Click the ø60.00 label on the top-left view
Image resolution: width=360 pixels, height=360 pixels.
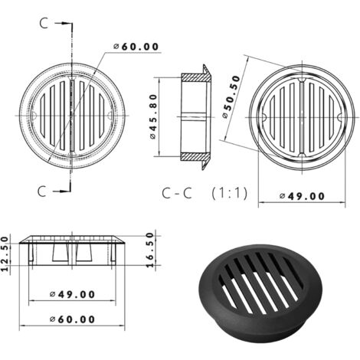click(137, 47)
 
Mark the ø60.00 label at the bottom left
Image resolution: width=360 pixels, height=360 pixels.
click(71, 319)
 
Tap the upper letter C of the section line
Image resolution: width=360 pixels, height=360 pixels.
click(44, 23)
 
